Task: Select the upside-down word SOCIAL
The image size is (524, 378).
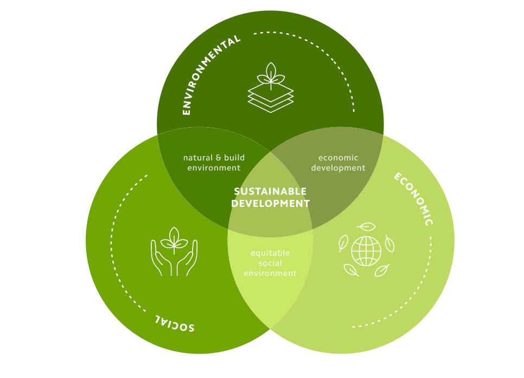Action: [x=175, y=323]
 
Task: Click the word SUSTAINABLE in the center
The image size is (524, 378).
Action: [x=270, y=192]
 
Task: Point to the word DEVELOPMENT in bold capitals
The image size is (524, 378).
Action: [x=270, y=204]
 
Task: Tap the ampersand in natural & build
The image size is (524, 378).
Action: [x=219, y=158]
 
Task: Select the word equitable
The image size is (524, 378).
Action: [x=270, y=253]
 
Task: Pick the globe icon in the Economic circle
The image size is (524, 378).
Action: [x=366, y=251]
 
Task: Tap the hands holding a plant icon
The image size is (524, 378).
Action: [x=174, y=251]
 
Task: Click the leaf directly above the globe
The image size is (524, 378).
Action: [x=366, y=226]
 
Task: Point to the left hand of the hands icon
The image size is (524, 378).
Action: [x=161, y=259]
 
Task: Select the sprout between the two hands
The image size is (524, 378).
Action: [x=174, y=239]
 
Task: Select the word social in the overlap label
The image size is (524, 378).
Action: [x=270, y=263]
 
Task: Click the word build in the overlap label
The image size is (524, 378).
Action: [x=234, y=158]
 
